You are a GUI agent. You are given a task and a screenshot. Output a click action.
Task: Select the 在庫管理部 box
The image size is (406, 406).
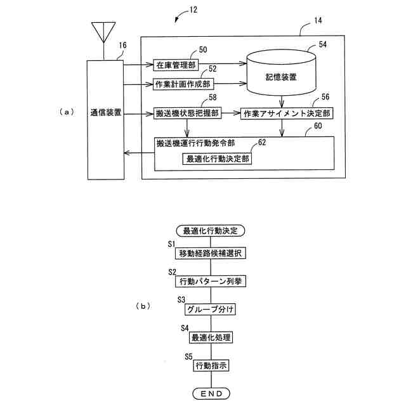(x=176, y=65)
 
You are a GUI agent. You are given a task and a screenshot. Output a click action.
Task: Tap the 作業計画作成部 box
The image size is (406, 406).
(x=183, y=84)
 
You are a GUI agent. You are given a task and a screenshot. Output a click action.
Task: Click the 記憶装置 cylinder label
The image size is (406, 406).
(x=281, y=77)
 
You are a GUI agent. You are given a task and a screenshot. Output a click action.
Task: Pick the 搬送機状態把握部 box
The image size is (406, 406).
(x=188, y=113)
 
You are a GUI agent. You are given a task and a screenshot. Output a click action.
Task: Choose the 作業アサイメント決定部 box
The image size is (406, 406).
(x=287, y=114)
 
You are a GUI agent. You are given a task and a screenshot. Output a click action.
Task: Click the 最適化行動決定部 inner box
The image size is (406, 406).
(x=217, y=159)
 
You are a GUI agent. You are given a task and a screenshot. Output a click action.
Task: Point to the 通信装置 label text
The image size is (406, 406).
(x=106, y=112)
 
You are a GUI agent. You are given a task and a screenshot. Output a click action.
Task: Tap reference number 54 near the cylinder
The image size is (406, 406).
(x=323, y=44)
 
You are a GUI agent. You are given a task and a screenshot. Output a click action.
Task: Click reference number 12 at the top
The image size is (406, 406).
(x=193, y=10)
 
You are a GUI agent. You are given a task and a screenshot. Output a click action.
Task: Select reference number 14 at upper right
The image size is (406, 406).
(x=318, y=20)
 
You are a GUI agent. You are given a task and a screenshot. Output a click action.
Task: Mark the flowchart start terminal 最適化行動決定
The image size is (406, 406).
(x=210, y=231)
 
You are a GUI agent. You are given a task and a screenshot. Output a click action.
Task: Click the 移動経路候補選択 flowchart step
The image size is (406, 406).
(x=211, y=253)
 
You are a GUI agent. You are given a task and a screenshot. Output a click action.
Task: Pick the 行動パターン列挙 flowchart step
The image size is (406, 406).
(x=211, y=281)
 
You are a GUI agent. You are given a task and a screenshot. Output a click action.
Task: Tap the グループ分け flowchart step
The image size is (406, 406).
(x=210, y=309)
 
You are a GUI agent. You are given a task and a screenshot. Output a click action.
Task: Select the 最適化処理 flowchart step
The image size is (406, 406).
(x=211, y=337)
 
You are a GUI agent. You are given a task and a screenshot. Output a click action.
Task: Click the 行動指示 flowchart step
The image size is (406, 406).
(x=211, y=365)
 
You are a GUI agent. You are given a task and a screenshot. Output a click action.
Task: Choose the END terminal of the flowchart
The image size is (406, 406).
(x=211, y=393)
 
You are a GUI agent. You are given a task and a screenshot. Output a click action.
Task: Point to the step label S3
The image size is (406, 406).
(x=181, y=299)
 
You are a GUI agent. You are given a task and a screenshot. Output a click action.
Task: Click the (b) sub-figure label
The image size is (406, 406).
(x=143, y=306)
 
